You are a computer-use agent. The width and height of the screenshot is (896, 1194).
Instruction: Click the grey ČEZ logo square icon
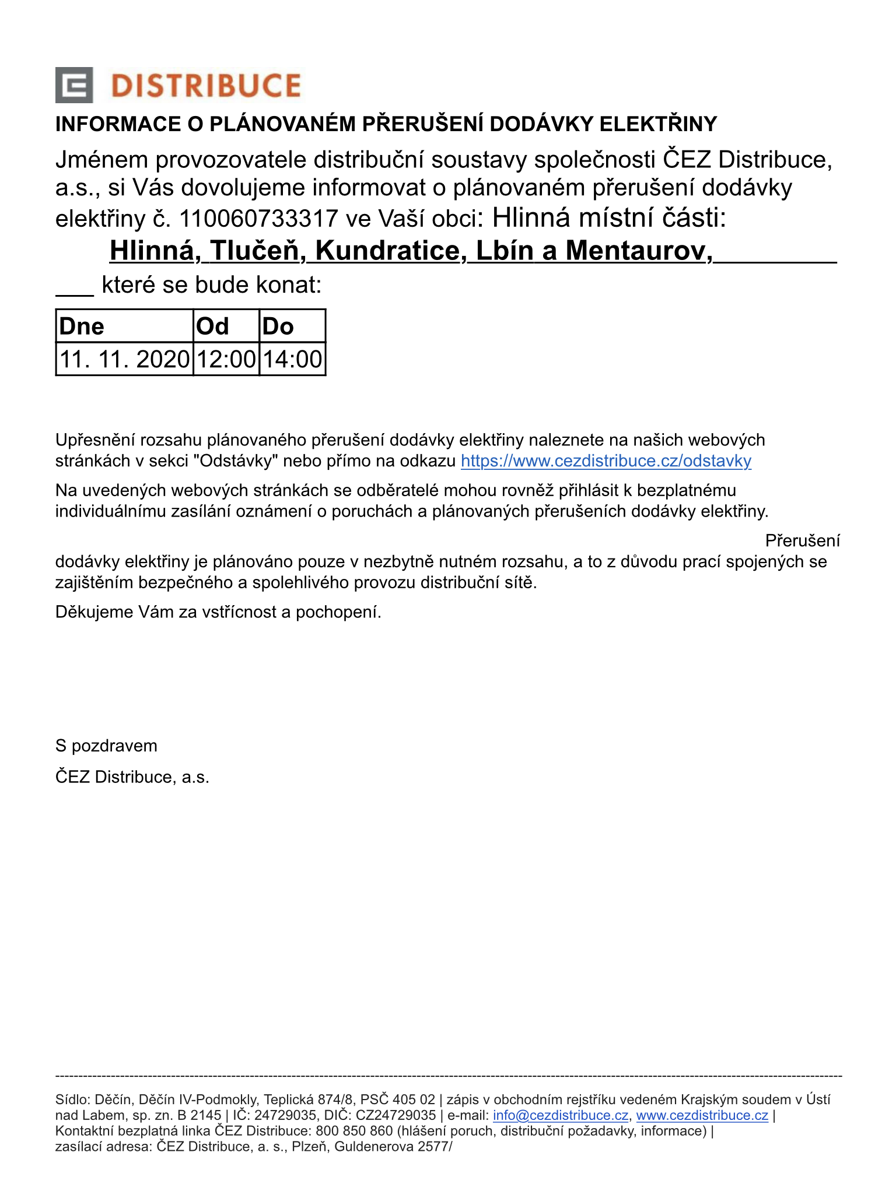tap(74, 85)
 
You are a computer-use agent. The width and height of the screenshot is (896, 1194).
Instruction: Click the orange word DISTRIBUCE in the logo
tap(205, 86)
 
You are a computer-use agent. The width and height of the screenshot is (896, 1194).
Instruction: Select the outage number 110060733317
tap(258, 219)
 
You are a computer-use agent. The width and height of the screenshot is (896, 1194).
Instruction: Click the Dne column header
tap(82, 326)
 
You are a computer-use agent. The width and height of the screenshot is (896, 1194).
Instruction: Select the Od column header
tap(213, 326)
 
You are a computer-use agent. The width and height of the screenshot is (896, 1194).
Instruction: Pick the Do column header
tap(278, 326)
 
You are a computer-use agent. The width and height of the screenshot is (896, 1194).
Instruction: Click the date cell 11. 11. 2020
tap(125, 359)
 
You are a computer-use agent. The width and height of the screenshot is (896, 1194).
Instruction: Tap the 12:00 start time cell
tap(226, 359)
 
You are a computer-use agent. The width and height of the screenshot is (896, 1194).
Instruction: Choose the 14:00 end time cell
tap(292, 359)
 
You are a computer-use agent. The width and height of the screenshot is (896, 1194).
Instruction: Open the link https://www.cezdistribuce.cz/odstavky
tap(606, 461)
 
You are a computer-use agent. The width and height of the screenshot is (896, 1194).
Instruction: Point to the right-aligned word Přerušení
tap(803, 540)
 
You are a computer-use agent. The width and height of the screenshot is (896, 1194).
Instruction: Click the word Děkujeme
tap(94, 612)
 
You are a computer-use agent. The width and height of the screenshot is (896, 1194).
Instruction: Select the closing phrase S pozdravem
tap(106, 746)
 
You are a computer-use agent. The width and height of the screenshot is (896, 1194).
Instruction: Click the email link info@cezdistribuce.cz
tap(561, 1115)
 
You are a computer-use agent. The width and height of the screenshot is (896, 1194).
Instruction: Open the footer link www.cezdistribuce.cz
tap(702, 1115)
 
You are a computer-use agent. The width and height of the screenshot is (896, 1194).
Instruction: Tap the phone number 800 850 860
tap(354, 1131)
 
